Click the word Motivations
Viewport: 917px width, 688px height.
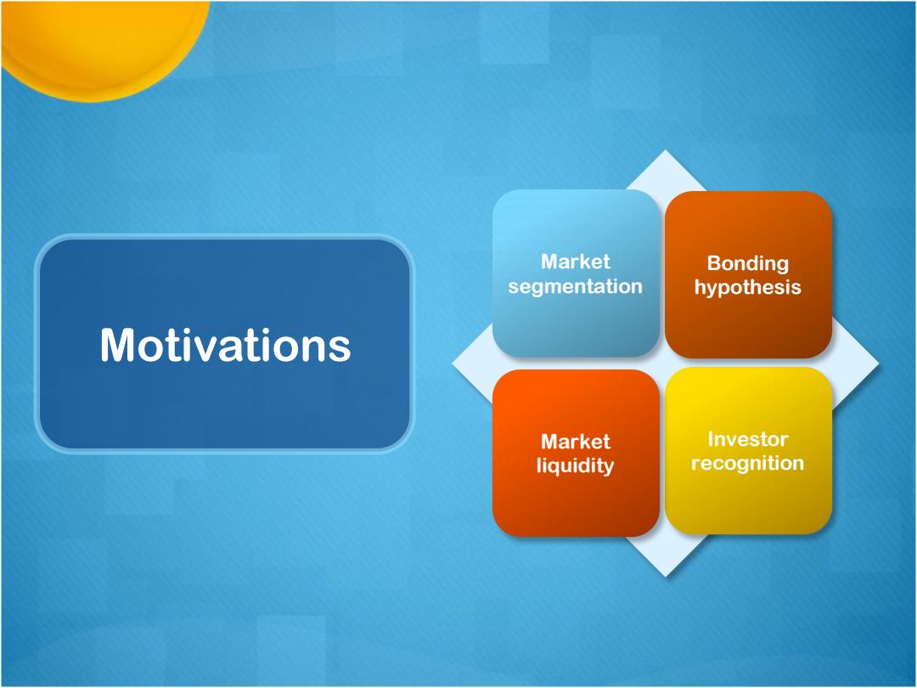click(x=225, y=345)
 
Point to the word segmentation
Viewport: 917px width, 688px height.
click(x=576, y=287)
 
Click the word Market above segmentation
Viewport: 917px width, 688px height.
click(x=576, y=261)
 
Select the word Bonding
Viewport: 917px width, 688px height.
click(x=748, y=264)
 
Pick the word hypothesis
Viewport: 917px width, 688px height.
click(x=748, y=287)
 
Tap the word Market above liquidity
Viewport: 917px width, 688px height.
click(x=576, y=441)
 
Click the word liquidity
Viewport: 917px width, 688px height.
click(x=576, y=465)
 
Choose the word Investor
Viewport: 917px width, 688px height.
click(x=748, y=439)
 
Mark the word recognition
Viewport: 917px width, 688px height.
click(x=748, y=464)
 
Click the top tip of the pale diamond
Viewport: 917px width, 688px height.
click(x=665, y=149)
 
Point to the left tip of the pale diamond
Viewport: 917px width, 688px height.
click(x=452, y=364)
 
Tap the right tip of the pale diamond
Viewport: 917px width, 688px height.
click(x=879, y=364)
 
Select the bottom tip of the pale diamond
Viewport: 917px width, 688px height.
click(x=666, y=577)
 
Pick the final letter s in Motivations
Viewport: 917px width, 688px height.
click(x=339, y=349)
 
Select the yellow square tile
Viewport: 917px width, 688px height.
click(x=749, y=450)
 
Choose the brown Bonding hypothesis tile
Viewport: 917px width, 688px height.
click(x=749, y=274)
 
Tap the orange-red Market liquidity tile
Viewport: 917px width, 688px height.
click(x=576, y=453)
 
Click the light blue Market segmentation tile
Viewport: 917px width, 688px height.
click(x=576, y=274)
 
